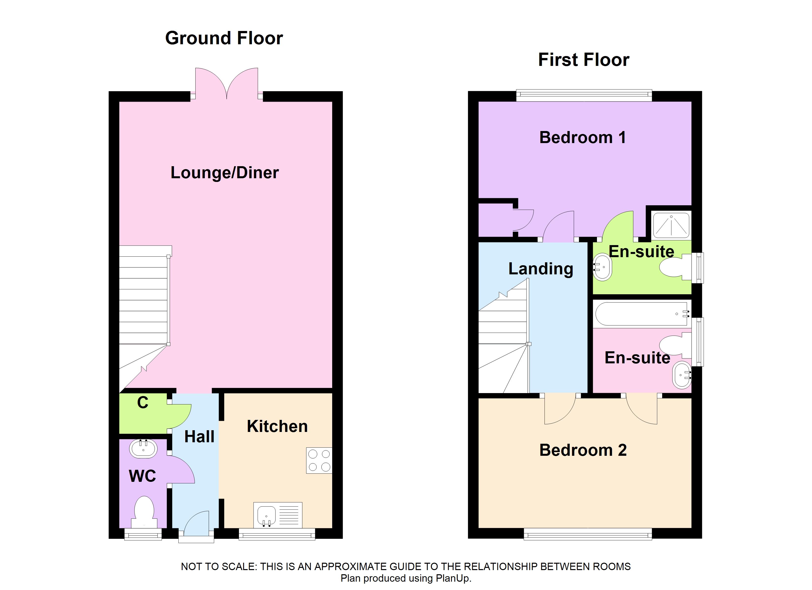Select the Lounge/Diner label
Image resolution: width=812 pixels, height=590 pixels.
(x=224, y=173)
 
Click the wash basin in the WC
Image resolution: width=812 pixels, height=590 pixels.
(x=143, y=449)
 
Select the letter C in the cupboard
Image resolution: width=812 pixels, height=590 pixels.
(x=142, y=402)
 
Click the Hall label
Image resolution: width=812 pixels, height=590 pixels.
(x=199, y=437)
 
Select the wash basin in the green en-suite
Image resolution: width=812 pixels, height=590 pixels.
(x=603, y=267)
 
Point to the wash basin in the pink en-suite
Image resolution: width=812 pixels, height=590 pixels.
(x=682, y=375)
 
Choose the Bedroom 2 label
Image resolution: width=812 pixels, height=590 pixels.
(x=583, y=450)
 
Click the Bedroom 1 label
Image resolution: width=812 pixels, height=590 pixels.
(x=583, y=137)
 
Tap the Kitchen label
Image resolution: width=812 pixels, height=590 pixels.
(x=278, y=426)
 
